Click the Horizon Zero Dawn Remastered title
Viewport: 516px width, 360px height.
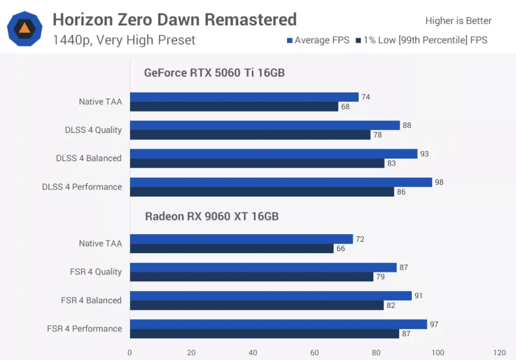tap(174, 20)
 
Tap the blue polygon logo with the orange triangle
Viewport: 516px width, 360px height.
tap(25, 29)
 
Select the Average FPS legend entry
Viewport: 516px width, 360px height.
tap(318, 40)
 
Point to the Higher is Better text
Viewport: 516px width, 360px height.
tap(458, 21)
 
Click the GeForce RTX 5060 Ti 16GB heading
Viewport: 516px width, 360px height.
tap(215, 73)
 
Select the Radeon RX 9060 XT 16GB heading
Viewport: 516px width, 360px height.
tap(212, 216)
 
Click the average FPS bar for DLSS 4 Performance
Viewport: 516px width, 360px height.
tap(280, 182)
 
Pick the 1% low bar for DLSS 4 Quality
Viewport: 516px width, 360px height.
tap(250, 135)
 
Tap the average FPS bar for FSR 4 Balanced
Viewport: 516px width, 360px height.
tap(270, 296)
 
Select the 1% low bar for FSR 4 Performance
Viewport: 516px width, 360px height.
tap(264, 334)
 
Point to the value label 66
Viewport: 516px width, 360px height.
tap(340, 249)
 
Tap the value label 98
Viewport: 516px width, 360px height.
tap(439, 182)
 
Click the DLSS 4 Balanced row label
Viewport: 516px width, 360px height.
tap(89, 159)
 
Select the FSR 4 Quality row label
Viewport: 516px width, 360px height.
tap(96, 272)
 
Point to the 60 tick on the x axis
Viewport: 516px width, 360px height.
tap(314, 353)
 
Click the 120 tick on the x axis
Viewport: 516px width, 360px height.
tap(499, 353)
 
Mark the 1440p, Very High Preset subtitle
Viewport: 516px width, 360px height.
tap(124, 40)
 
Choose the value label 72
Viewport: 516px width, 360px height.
tap(360, 239)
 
